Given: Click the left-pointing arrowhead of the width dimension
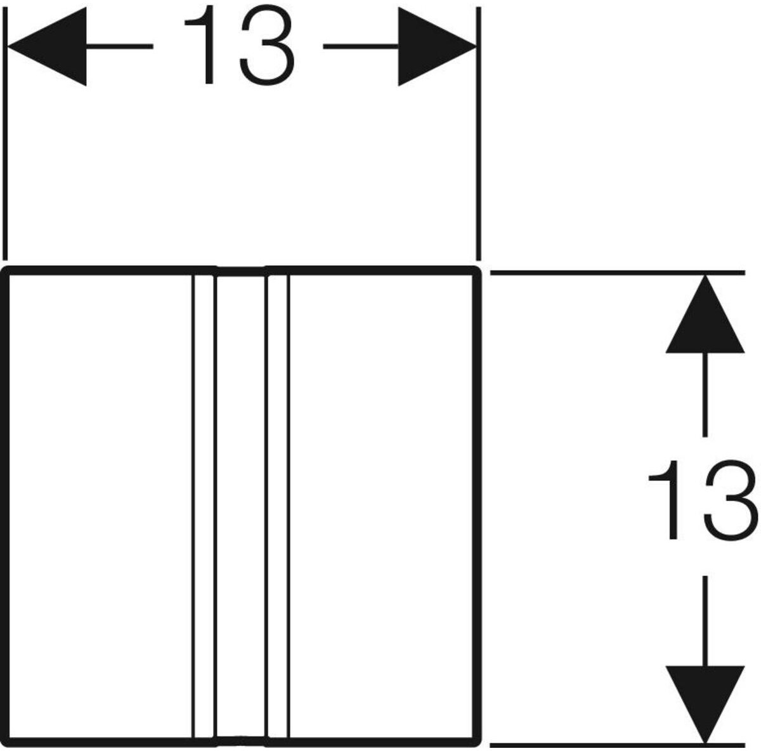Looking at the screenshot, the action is [x=48, y=46].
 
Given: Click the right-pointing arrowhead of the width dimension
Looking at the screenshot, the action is [x=437, y=46].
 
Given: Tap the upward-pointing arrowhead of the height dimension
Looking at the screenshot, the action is [x=705, y=315].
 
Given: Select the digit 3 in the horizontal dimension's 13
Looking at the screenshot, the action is [x=267, y=45].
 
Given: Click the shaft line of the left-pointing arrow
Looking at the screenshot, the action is [x=120, y=46].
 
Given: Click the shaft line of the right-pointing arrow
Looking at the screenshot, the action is [x=361, y=46].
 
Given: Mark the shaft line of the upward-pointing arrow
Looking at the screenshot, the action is [x=705, y=395].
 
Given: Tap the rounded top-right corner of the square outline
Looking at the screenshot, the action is [x=477, y=271].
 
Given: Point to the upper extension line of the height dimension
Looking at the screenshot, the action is [x=618, y=272].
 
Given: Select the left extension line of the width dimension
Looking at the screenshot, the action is [x=4, y=134].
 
